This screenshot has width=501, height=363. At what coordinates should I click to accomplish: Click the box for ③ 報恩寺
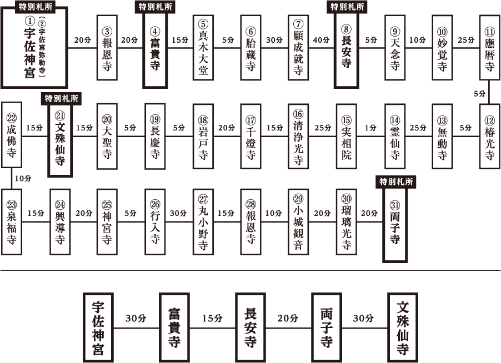tap(107, 48)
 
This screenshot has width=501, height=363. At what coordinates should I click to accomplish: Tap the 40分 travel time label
tap(321, 40)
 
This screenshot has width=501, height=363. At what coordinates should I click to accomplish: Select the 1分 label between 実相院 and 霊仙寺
tap(370, 128)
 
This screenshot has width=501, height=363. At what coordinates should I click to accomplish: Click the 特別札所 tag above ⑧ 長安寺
tap(347, 7)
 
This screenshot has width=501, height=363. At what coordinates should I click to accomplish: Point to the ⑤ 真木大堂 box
tap(203, 48)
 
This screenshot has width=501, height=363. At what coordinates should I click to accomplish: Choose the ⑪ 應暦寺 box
tap(490, 48)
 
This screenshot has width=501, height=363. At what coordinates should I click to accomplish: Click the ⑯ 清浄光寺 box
tap(298, 137)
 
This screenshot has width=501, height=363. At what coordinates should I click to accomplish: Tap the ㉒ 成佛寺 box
tap(12, 135)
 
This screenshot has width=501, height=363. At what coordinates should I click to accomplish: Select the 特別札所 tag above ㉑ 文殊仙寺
tap(61, 98)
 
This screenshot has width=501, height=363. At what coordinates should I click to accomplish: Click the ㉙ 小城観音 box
tap(298, 222)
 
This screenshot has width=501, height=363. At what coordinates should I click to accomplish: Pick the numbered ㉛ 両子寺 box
tap(395, 225)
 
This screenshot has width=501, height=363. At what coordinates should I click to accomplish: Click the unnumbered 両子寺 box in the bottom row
tap(327, 328)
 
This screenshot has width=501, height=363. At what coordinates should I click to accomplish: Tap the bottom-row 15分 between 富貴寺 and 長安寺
tap(212, 318)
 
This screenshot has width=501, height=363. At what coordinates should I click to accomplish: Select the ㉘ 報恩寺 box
tap(251, 222)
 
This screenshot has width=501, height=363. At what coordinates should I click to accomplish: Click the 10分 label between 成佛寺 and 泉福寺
tap(23, 179)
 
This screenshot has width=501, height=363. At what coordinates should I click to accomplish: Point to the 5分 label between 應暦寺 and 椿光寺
tap(479, 94)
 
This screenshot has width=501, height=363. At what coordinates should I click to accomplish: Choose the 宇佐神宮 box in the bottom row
tap(98, 328)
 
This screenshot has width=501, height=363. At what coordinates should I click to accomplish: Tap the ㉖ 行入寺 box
tap(155, 222)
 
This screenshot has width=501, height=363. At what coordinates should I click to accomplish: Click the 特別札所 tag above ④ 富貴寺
tap(156, 7)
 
